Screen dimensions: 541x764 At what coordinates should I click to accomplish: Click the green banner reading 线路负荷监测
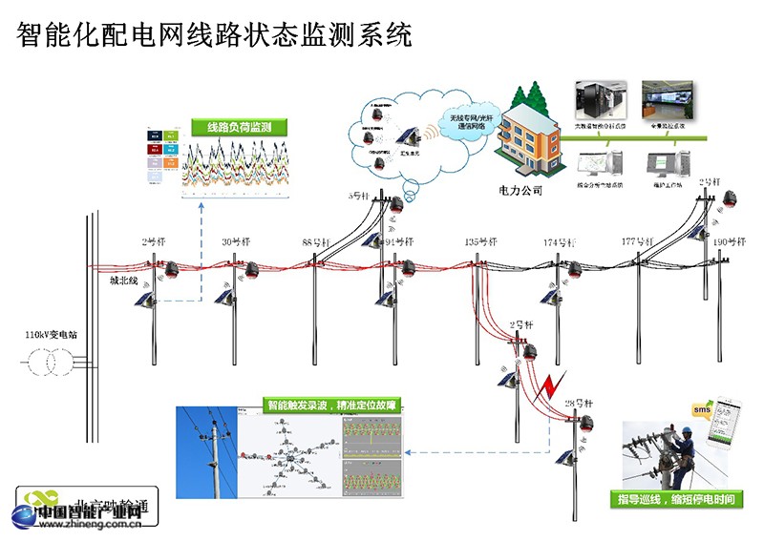[x=233, y=127]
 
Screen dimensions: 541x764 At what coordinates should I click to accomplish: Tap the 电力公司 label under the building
[x=520, y=190]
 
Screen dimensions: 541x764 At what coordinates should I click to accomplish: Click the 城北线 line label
[x=124, y=281]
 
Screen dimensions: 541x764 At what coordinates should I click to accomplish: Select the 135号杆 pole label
[x=480, y=242]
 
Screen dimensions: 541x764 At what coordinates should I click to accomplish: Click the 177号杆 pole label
[x=638, y=242]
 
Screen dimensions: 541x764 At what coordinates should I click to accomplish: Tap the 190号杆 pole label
[x=731, y=242]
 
